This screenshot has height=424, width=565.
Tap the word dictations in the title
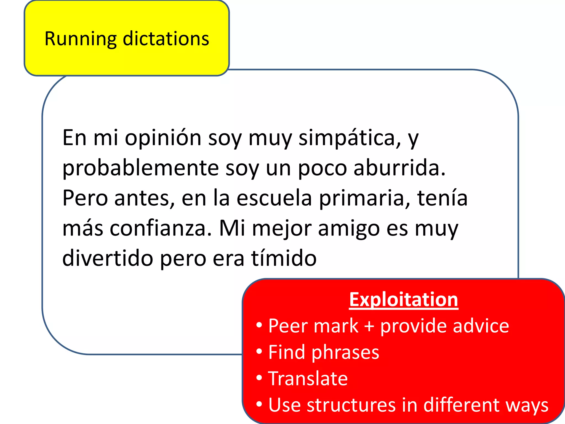tap(166, 39)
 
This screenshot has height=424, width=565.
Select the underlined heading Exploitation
tap(404, 300)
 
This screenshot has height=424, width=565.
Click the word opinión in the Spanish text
tap(163, 138)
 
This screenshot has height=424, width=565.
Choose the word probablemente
tap(141, 168)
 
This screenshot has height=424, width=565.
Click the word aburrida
tap(399, 168)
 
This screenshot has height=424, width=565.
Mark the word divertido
tap(108, 258)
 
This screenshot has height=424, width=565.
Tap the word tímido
tap(284, 258)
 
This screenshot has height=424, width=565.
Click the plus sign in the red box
tap(369, 326)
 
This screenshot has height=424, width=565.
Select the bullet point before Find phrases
tap(259, 352)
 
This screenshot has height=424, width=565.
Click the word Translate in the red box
tap(308, 378)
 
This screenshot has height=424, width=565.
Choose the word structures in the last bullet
tap(351, 405)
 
